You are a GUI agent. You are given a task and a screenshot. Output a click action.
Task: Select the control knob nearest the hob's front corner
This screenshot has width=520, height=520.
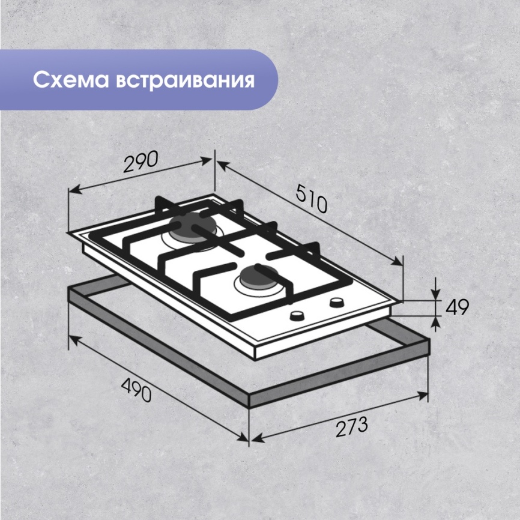(297, 316)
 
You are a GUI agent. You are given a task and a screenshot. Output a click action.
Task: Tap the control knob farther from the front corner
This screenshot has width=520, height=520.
(337, 302)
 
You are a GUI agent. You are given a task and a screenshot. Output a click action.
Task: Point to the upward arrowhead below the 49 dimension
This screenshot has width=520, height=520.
(435, 321)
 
